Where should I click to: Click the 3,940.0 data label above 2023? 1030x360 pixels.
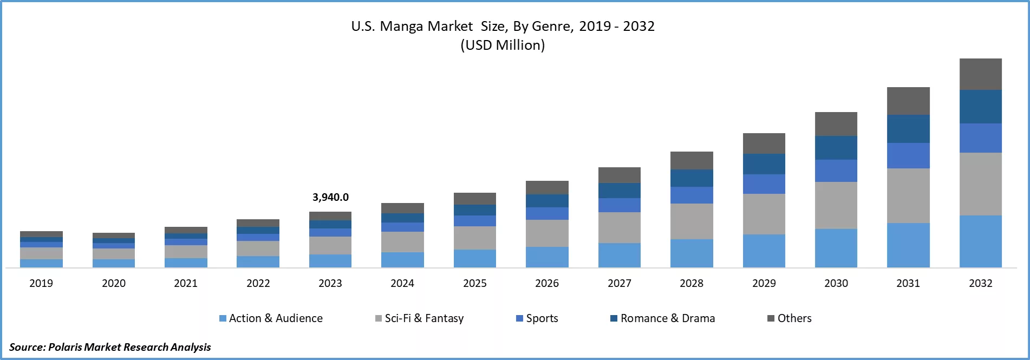[330, 197]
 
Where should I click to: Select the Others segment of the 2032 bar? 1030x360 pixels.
[980, 74]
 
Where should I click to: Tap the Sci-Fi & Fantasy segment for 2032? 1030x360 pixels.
[980, 184]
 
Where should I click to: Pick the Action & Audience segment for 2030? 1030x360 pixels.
[836, 248]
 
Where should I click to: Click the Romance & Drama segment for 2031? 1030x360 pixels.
[908, 129]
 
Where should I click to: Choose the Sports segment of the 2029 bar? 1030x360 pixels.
[764, 184]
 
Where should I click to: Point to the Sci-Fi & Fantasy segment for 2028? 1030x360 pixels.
[692, 221]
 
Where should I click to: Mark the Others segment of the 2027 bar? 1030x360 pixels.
[619, 175]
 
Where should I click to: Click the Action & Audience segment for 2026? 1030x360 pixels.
[547, 257]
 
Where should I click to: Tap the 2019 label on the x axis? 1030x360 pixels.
[41, 283]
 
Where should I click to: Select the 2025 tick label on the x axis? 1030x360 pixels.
[474, 283]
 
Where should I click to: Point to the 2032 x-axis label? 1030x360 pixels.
[980, 283]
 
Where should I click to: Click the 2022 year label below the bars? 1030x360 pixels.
[258, 283]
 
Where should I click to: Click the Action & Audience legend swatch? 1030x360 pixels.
[223, 318]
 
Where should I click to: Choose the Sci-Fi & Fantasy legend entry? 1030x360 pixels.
[424, 318]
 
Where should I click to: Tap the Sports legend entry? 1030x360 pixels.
[542, 318]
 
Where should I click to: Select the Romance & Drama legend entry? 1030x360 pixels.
[667, 318]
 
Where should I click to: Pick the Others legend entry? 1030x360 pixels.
[794, 318]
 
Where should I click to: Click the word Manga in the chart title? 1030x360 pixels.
[401, 26]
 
